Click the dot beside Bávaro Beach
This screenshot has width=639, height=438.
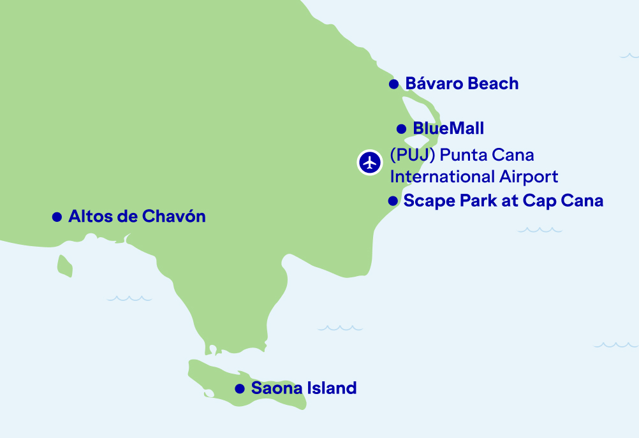pos(393,84)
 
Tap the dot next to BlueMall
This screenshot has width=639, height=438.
pos(401,129)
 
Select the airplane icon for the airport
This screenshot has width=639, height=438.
pos(369,161)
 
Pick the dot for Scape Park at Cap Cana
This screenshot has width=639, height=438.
pos(393,201)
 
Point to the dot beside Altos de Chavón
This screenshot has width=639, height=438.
pos(57,217)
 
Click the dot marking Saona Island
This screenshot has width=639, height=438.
pos(240,388)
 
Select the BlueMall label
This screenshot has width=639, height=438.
pos(448,128)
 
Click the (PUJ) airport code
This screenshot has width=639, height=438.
pos(408,155)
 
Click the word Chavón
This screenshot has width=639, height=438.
pos(174,216)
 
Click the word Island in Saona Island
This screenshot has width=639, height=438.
pos(332,388)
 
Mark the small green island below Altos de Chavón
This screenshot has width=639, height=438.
pos(64,265)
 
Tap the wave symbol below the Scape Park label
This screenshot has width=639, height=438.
pos(540,230)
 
